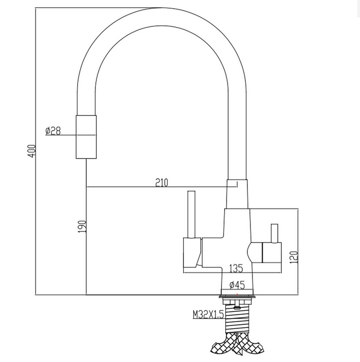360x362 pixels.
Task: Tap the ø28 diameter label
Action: [53, 131]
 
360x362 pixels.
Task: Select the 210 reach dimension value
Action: [162, 182]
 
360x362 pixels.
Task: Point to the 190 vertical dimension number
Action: [82, 226]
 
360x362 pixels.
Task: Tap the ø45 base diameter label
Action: [237, 285]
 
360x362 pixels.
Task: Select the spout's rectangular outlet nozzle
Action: [86, 137]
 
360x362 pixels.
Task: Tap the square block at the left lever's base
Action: [190, 252]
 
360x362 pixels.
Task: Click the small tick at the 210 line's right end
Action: [237, 185]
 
